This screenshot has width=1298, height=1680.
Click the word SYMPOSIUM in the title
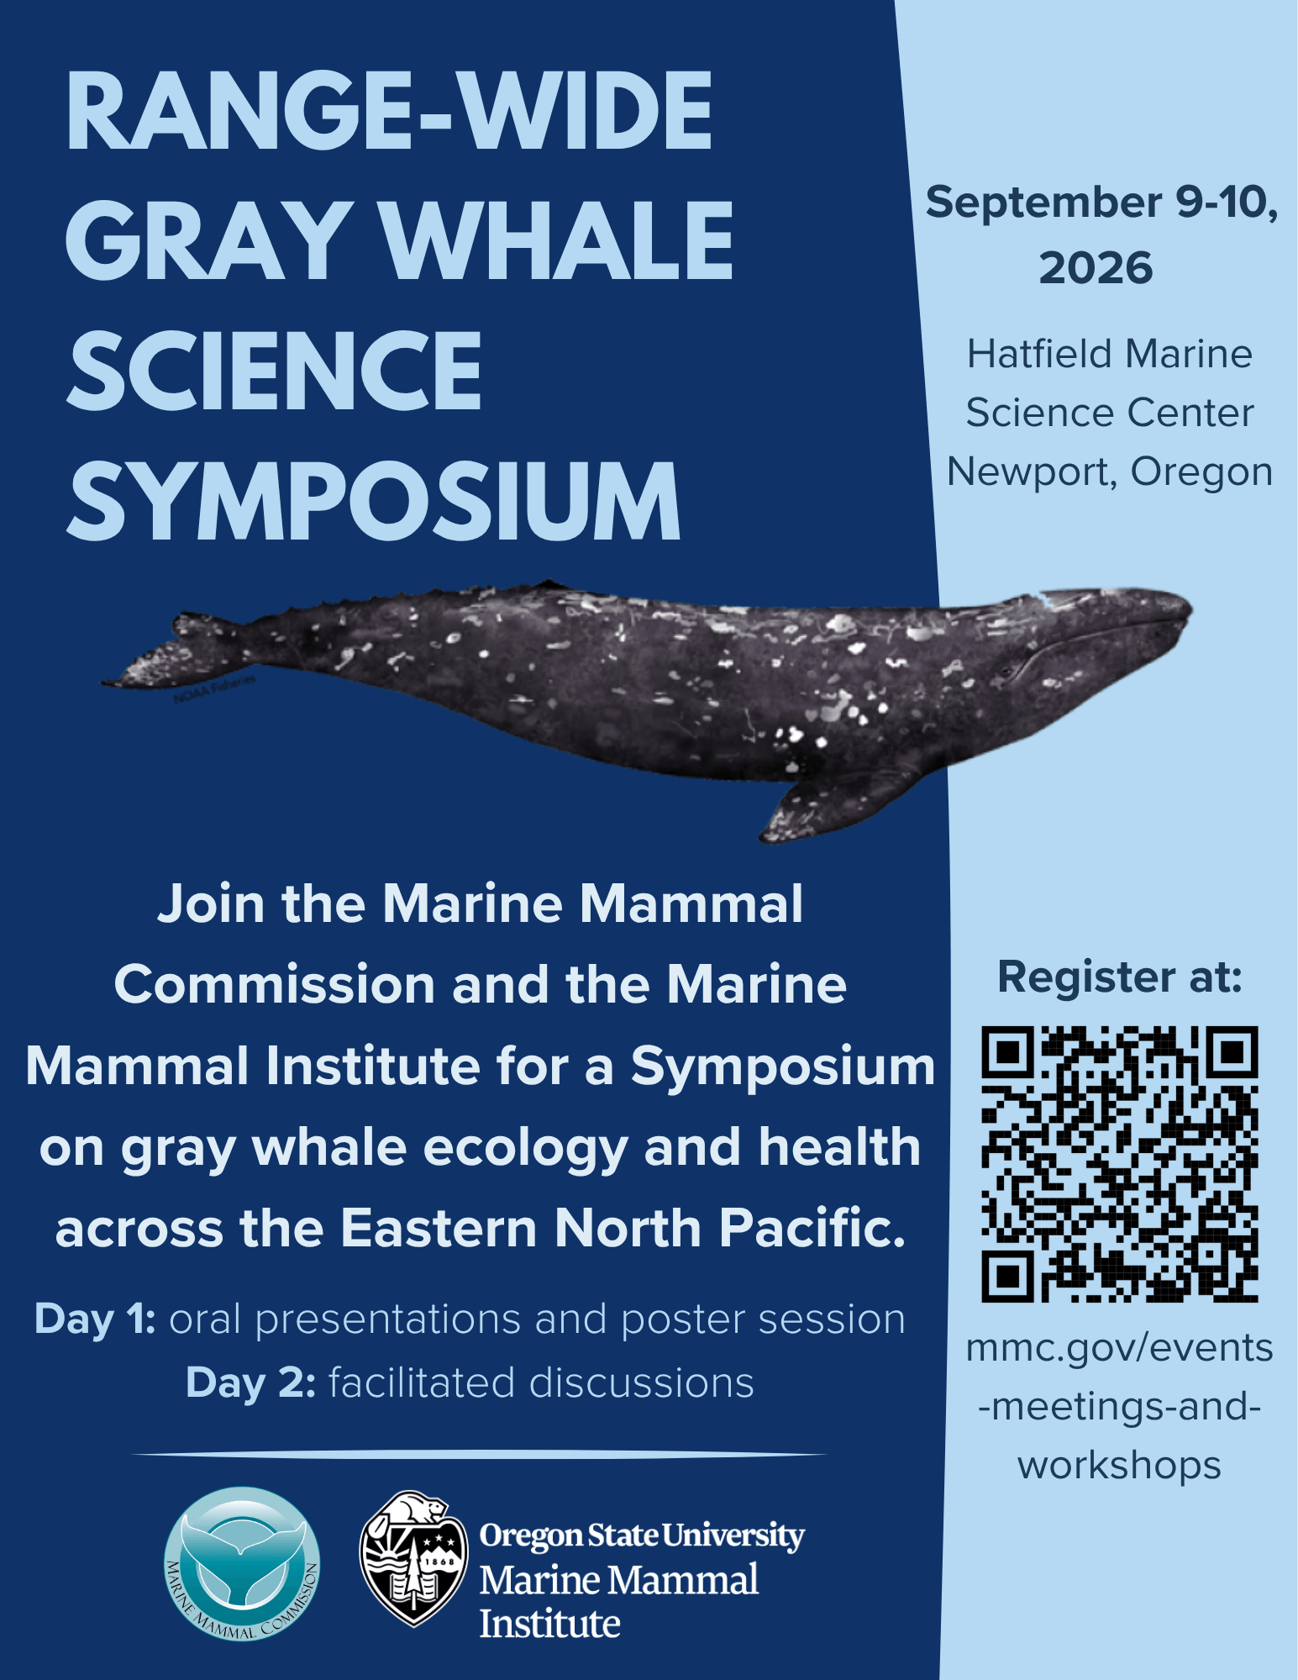click(x=373, y=501)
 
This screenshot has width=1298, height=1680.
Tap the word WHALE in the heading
click(x=559, y=241)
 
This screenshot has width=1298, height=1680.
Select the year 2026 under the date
click(x=1096, y=268)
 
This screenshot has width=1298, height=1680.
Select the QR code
click(x=1120, y=1164)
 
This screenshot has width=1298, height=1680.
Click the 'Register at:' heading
click(x=1120, y=977)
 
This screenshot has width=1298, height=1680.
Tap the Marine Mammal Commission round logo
click(x=242, y=1564)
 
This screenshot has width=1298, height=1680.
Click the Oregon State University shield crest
click(x=413, y=1559)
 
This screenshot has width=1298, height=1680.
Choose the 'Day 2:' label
click(x=251, y=1382)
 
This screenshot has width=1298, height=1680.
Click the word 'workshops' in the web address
click(x=1119, y=1466)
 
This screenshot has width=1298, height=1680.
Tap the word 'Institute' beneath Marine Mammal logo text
click(x=549, y=1624)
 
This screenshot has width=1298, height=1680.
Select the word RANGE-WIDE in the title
click(x=389, y=111)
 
